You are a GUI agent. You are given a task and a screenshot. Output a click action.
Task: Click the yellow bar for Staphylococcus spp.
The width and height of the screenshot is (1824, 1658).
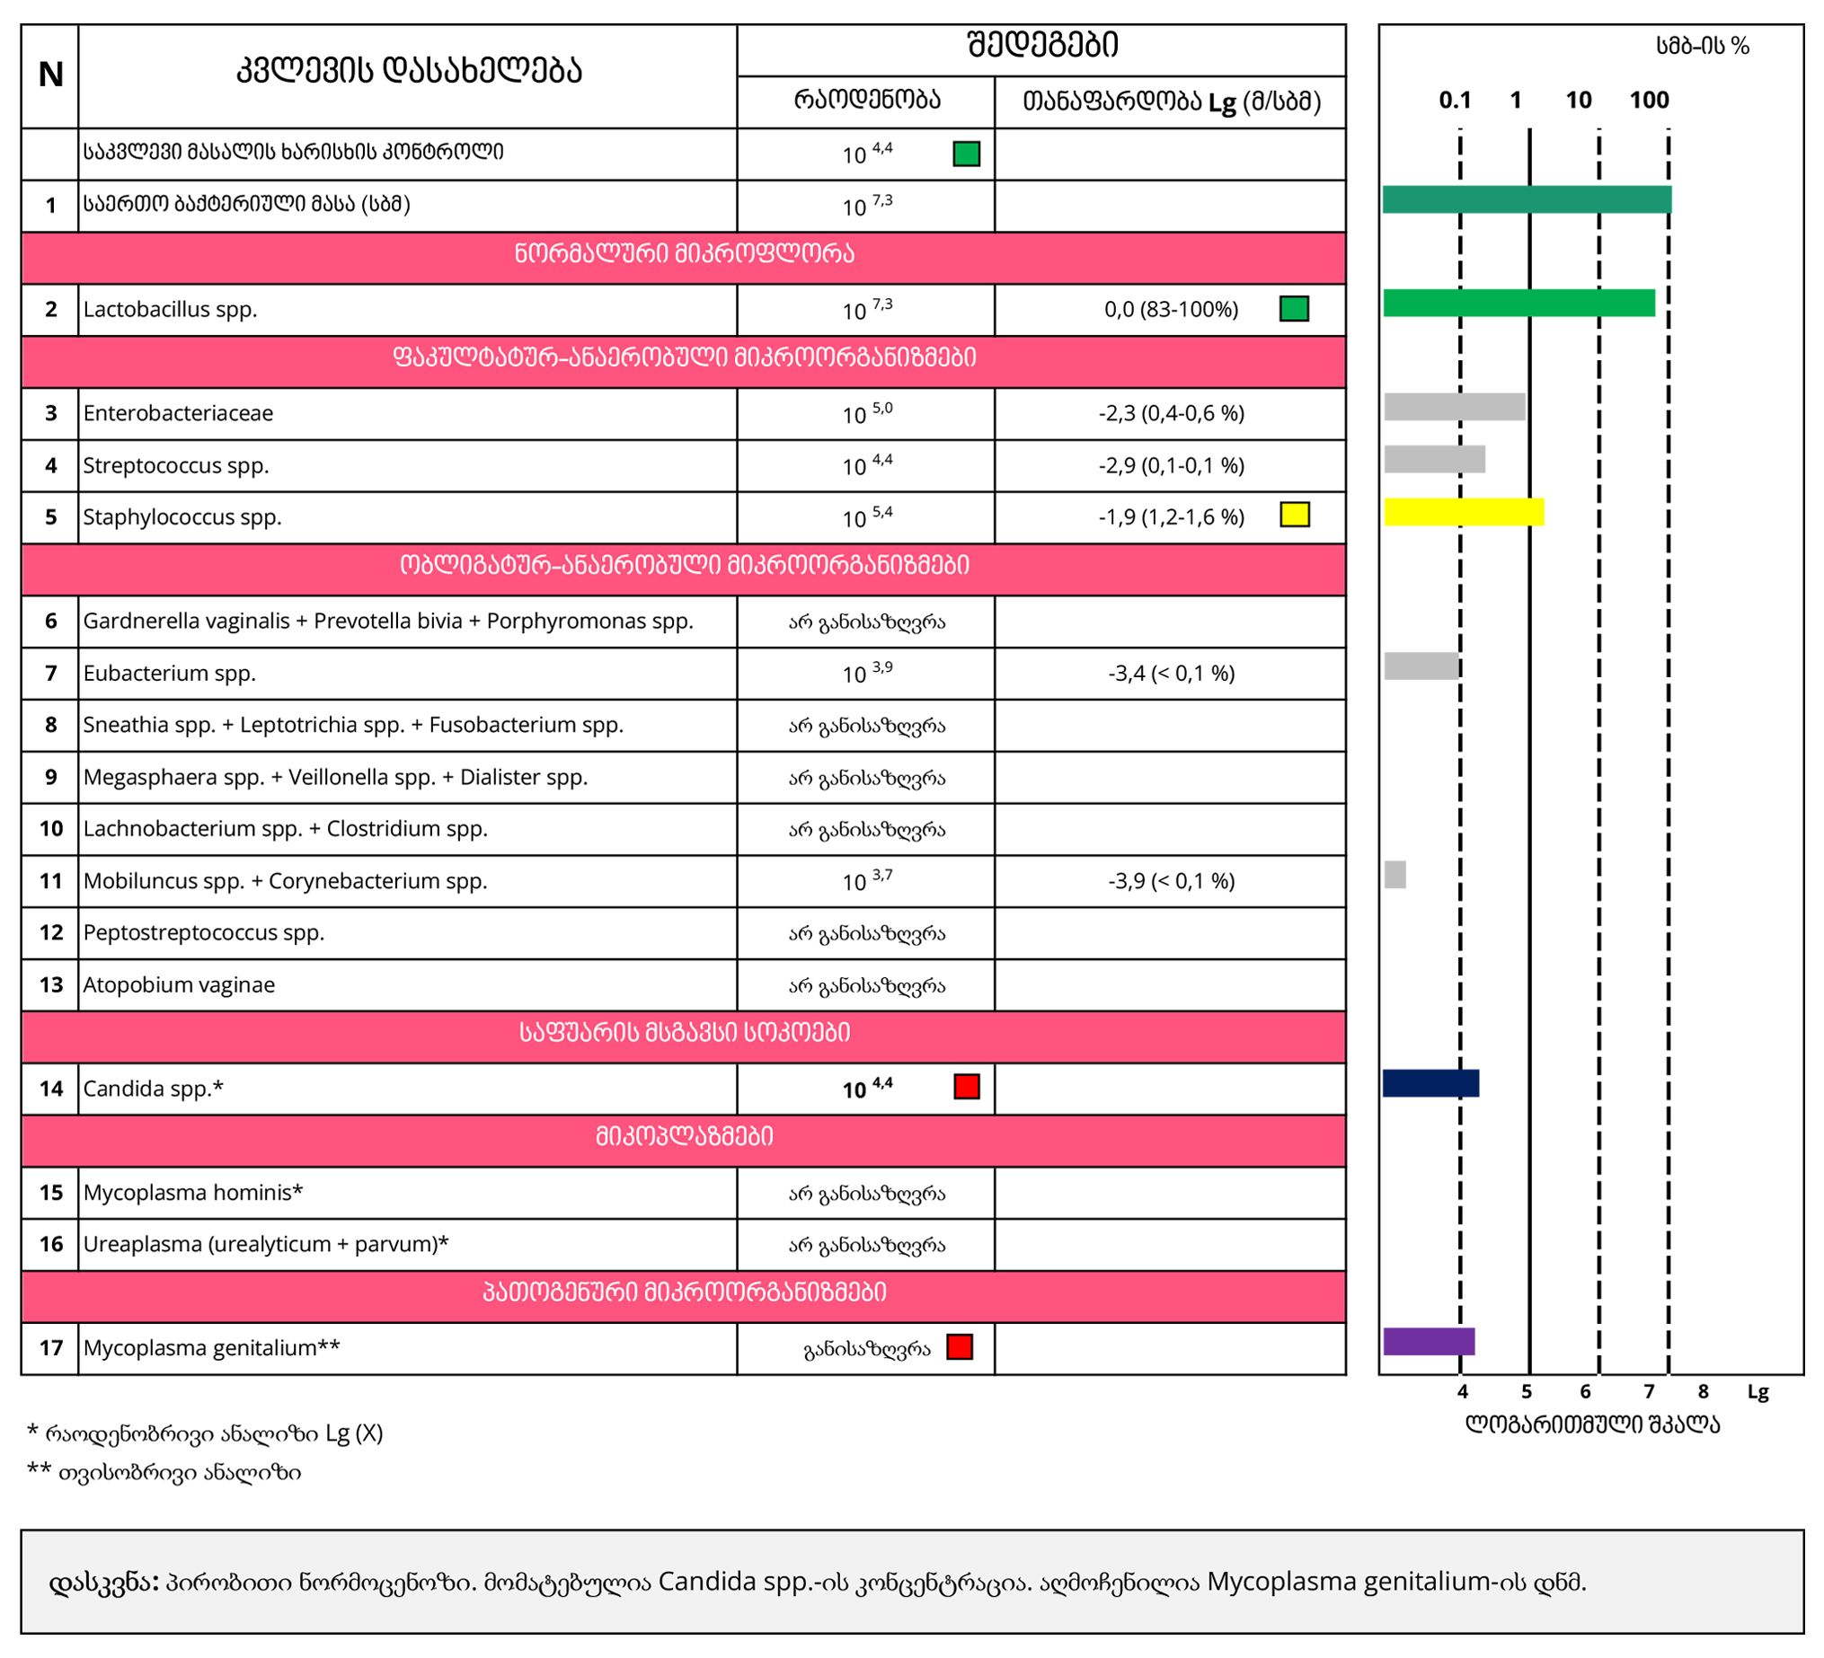(1463, 512)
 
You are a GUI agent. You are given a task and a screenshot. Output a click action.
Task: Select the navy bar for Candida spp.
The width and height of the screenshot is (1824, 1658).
(1430, 1082)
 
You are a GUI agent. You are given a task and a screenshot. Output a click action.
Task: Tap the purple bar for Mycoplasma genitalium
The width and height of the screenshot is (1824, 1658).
(1429, 1341)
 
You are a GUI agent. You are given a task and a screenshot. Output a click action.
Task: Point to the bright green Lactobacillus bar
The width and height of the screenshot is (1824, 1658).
(1519, 303)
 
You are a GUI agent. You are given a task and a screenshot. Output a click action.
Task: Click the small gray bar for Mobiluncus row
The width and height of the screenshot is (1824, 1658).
(1395, 875)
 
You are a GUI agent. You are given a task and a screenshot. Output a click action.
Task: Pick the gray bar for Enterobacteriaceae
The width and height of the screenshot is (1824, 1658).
(1454, 407)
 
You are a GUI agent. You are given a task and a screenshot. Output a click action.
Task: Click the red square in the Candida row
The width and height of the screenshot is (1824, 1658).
(966, 1087)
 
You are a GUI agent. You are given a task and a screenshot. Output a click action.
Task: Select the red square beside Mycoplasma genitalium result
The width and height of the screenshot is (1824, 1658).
(959, 1347)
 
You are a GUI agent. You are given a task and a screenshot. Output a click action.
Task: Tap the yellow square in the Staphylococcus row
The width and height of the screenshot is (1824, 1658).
(1294, 515)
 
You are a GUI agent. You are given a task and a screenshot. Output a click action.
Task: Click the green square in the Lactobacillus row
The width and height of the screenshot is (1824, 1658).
(1294, 308)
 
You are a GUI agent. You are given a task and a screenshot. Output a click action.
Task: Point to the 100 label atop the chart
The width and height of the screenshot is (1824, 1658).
(1649, 101)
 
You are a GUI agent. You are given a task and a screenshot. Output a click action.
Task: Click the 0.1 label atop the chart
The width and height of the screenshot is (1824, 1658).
(1455, 101)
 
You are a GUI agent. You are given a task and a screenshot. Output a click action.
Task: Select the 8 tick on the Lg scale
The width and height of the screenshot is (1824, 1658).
(1703, 1391)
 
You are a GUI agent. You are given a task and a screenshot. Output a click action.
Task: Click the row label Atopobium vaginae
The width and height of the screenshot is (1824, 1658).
(179, 984)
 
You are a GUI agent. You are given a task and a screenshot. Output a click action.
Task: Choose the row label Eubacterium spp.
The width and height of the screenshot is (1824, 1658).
(169, 673)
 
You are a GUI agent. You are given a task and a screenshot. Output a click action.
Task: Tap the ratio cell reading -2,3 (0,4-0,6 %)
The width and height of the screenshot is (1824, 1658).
(1171, 413)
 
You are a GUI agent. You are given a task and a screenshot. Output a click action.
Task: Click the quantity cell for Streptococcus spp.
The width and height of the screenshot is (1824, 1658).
(867, 466)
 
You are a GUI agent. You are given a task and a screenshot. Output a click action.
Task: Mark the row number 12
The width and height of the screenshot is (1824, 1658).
(50, 932)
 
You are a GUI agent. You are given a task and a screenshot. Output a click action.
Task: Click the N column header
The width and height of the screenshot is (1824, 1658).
(50, 75)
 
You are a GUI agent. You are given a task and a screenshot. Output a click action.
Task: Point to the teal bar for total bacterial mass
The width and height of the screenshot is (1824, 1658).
(1527, 199)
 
